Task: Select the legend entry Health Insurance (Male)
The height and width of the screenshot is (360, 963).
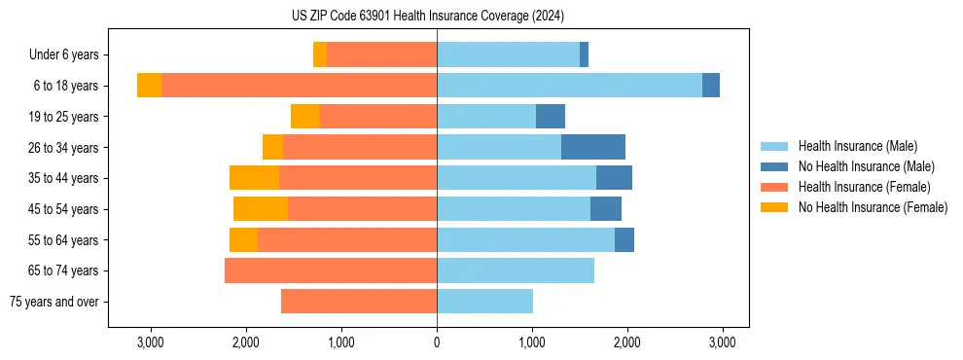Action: pyautogui.click(x=857, y=146)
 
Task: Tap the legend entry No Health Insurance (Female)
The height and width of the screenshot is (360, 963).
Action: pyautogui.click(x=873, y=207)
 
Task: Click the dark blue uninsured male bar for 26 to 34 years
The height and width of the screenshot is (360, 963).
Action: pyautogui.click(x=593, y=147)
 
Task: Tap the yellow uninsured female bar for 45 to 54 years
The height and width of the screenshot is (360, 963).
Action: pyautogui.click(x=261, y=209)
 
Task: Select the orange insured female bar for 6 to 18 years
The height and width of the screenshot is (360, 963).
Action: pyautogui.click(x=299, y=86)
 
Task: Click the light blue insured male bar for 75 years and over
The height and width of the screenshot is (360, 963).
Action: pyautogui.click(x=484, y=302)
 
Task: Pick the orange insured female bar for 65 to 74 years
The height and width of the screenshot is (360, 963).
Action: pyautogui.click(x=331, y=270)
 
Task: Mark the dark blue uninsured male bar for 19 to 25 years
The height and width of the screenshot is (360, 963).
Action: pyautogui.click(x=551, y=117)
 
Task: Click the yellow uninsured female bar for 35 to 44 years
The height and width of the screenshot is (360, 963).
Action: pyautogui.click(x=254, y=178)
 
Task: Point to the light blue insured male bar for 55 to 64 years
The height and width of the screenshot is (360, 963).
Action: pyautogui.click(x=525, y=240)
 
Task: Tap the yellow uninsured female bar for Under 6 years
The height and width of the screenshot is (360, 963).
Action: pyautogui.click(x=320, y=55)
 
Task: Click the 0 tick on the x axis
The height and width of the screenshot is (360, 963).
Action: pyautogui.click(x=437, y=342)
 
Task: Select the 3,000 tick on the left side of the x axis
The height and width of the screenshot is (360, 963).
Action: pyautogui.click(x=151, y=342)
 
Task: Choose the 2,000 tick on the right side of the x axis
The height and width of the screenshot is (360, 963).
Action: pyautogui.click(x=626, y=342)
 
